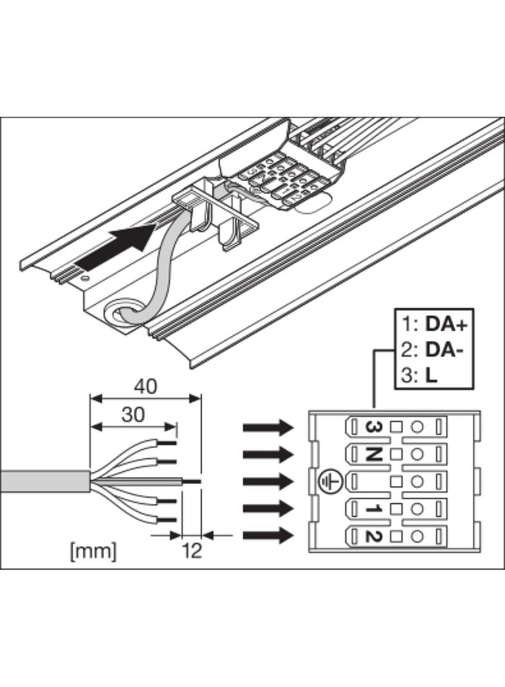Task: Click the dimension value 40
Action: pos(145,386)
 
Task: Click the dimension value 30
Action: pos(133,414)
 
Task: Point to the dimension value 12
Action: pos(192,550)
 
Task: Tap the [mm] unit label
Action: pos(93,551)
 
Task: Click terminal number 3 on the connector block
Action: pos(372,427)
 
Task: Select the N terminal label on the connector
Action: pos(372,454)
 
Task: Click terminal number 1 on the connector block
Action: pos(372,508)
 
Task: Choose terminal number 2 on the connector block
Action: pos(372,535)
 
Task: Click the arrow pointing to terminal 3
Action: pos(268,427)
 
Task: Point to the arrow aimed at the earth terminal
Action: pos(268,481)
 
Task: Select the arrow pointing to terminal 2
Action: pos(268,535)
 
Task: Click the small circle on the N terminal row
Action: pos(417,454)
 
